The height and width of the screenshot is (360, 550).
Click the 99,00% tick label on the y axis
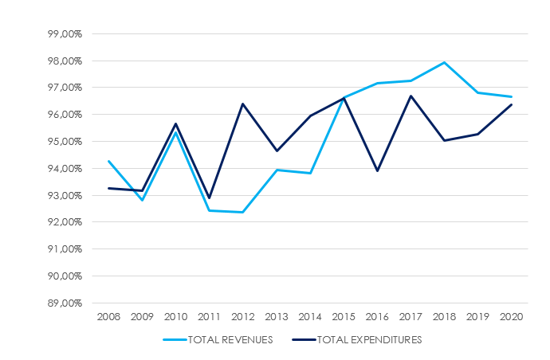pos(65,33)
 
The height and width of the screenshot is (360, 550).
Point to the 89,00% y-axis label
pos(65,303)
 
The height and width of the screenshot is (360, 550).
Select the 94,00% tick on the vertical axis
pos(65,168)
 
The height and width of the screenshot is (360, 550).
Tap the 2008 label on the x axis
pos(108,317)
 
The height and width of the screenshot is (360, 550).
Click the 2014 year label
pos(309,317)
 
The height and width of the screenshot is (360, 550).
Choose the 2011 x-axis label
pos(209,317)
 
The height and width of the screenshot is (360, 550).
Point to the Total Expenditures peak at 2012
pos(242,104)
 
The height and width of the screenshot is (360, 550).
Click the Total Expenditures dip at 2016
pos(377,170)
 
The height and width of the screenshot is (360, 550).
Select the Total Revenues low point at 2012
pos(242,212)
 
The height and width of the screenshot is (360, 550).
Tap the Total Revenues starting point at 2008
pos(108,161)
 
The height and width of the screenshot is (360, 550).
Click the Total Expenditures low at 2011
pos(209,198)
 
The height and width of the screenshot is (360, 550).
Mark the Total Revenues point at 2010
pos(175,132)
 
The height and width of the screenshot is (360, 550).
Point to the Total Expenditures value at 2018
pos(444,140)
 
